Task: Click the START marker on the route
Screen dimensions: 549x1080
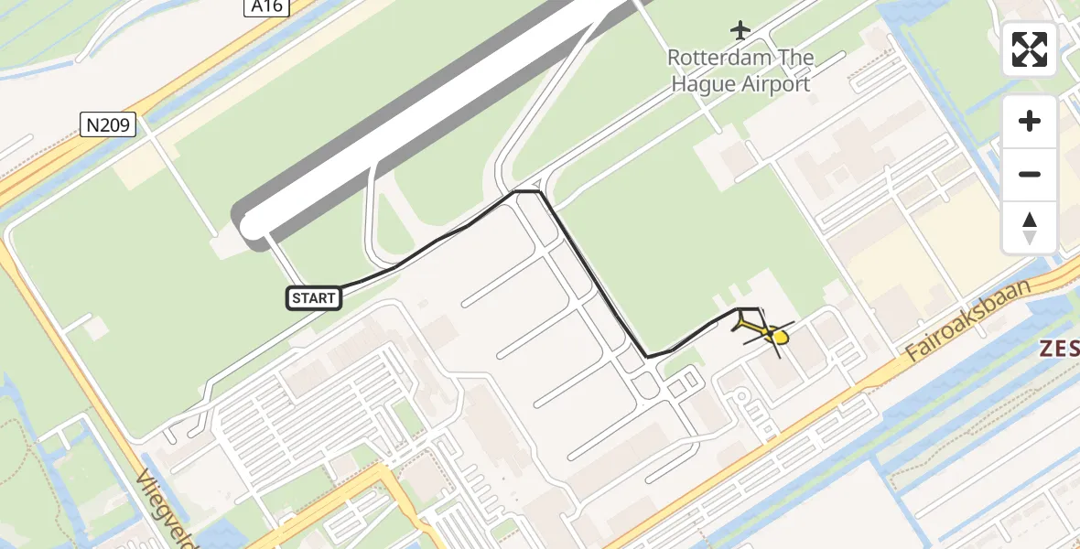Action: coord(315,297)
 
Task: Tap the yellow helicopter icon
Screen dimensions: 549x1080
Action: coord(766,332)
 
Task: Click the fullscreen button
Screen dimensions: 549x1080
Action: coord(1030,49)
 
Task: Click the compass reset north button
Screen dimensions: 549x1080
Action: coord(1030,228)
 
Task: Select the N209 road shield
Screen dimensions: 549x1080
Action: coord(108,125)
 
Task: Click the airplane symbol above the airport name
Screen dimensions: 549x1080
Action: coord(740,30)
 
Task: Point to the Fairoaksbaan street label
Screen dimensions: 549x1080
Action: coord(967,321)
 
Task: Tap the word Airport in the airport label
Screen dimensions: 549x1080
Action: coord(776,84)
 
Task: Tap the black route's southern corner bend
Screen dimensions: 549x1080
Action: coord(647,356)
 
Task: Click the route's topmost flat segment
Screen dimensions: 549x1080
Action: coord(527,191)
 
